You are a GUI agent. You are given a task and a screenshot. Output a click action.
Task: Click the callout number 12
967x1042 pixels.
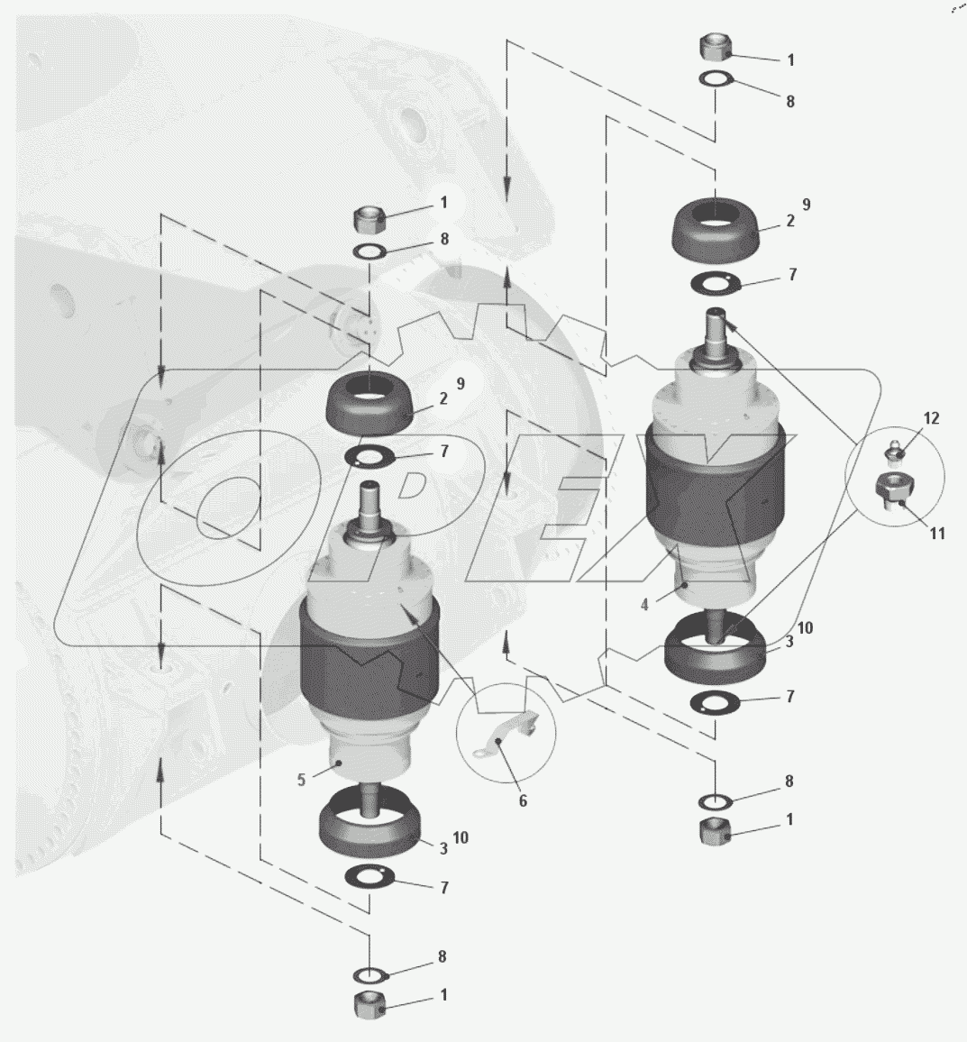(931, 418)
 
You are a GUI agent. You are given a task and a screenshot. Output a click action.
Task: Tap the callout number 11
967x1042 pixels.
(937, 533)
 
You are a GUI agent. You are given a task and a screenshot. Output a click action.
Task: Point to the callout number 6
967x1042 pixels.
(523, 801)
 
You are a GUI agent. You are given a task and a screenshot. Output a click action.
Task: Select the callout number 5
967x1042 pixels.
(301, 780)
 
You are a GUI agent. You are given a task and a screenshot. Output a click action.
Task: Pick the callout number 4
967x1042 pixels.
(644, 605)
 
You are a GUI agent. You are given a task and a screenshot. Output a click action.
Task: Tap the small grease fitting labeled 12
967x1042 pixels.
(895, 449)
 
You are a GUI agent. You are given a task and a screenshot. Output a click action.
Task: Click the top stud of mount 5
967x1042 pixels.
(369, 501)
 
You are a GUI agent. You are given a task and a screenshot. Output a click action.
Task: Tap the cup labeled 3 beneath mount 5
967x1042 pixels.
(369, 822)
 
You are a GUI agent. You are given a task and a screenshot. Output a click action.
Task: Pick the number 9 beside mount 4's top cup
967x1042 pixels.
(807, 205)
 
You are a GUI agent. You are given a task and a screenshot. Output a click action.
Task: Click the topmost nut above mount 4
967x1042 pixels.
(716, 49)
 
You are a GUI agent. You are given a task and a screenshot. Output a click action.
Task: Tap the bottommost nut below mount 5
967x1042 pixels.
(369, 1003)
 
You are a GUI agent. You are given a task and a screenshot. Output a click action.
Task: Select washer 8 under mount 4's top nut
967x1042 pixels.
(716, 79)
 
